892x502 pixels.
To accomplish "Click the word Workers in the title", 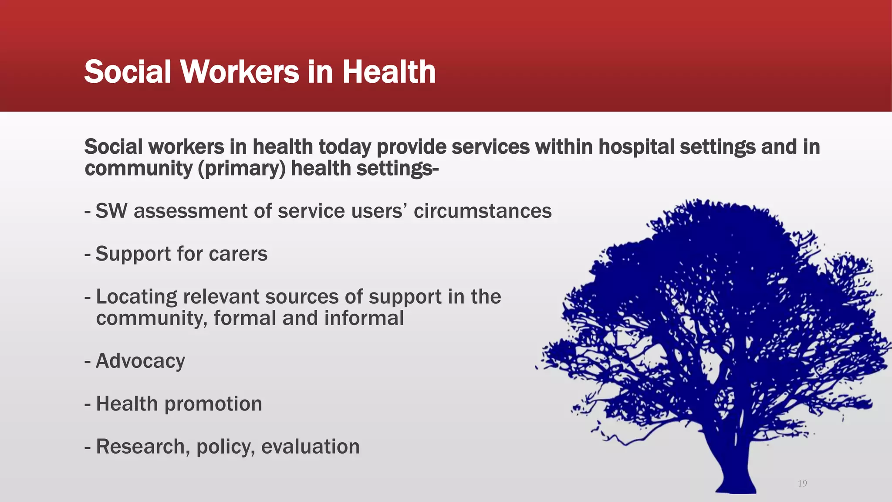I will pyautogui.click(x=240, y=71).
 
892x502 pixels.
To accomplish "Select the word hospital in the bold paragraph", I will pyautogui.click(x=636, y=147).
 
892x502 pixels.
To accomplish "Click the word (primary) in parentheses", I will pyautogui.click(x=241, y=169).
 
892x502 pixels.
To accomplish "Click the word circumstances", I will pyautogui.click(x=482, y=211).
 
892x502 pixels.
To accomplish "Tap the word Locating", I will pyautogui.click(x=136, y=297).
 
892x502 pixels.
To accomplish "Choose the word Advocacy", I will pyautogui.click(x=140, y=361).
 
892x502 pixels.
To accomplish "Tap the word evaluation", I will pyautogui.click(x=310, y=447).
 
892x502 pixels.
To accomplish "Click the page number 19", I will pyautogui.click(x=802, y=483).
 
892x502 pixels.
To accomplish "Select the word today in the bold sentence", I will pyautogui.click(x=345, y=147).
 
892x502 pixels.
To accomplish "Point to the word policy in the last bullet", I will pyautogui.click(x=225, y=447).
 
